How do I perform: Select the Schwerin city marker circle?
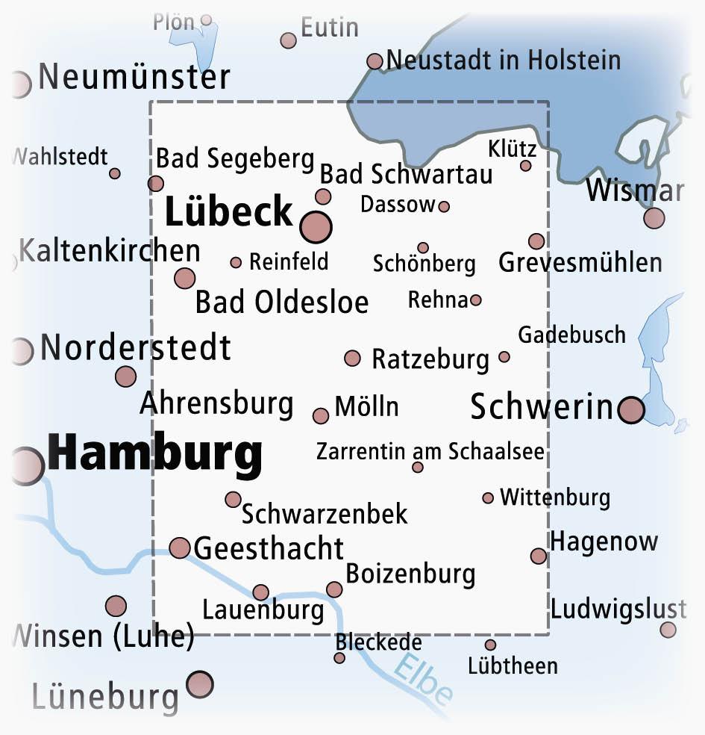click(631, 410)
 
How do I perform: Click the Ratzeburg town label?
click(430, 359)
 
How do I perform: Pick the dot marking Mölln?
click(321, 416)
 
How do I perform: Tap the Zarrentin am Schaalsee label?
click(430, 452)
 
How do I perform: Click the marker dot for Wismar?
click(654, 218)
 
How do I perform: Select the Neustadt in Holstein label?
click(504, 60)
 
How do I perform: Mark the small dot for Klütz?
click(526, 166)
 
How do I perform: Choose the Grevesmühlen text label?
click(580, 263)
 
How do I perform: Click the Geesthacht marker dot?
click(180, 548)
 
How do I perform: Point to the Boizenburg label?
click(410, 574)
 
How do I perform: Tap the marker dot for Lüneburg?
click(200, 683)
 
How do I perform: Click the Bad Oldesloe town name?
click(282, 303)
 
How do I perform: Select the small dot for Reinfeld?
click(236, 262)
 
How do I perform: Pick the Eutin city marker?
click(289, 40)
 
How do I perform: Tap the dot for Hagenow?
click(539, 556)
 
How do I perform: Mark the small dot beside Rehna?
click(476, 300)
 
